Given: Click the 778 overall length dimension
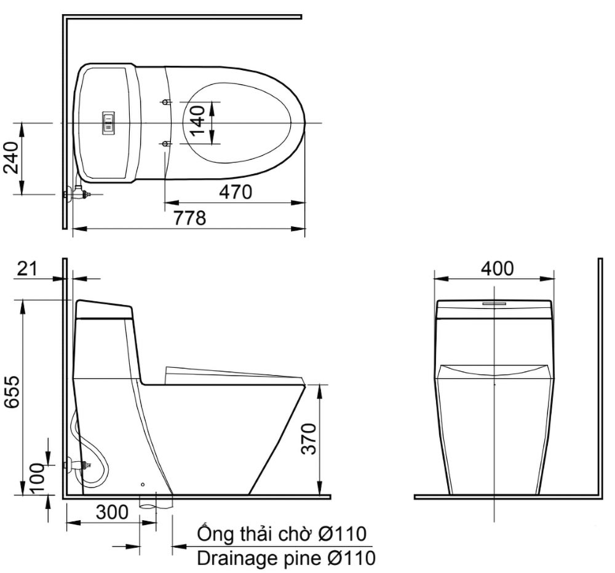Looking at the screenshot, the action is (190, 218).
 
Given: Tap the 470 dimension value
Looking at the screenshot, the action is (236, 192).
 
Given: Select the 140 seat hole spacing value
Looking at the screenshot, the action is (199, 120).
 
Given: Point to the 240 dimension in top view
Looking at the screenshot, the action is (10, 157).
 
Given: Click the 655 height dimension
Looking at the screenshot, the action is (12, 392).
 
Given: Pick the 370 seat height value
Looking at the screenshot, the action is (309, 438).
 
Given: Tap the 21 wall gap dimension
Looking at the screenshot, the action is (26, 269).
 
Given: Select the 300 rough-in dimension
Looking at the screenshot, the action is (112, 512).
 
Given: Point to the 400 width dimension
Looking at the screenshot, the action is (497, 269).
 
